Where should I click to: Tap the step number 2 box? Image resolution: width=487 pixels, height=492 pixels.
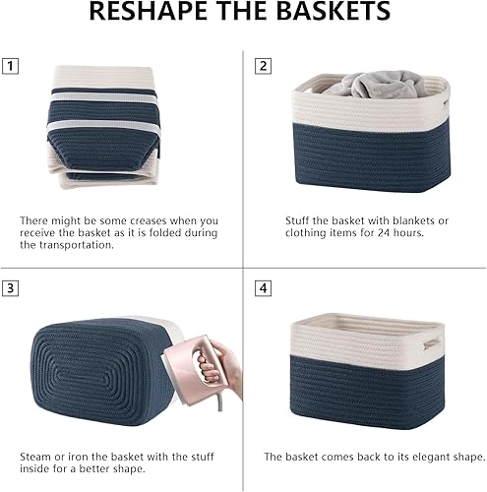click(x=264, y=67)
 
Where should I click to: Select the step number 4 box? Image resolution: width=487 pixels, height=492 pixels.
click(x=264, y=289)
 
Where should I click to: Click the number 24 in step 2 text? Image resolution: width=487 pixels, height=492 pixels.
click(x=411, y=233)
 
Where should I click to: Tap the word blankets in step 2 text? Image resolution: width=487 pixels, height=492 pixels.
click(x=426, y=220)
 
